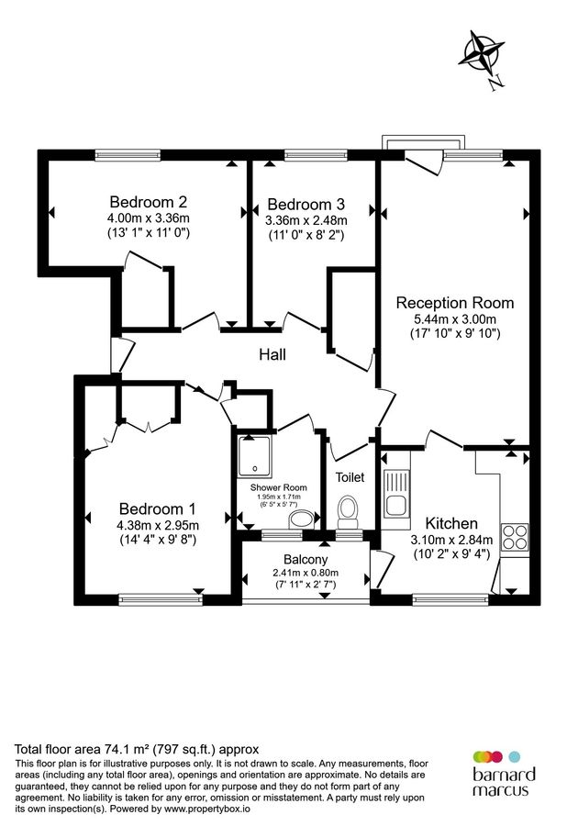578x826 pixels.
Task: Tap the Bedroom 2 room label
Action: coord(149,202)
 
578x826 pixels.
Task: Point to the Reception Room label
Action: coord(454,302)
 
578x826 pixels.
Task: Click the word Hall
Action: coord(273,354)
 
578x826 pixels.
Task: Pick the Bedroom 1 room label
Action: coord(157,508)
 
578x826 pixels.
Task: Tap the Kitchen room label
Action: coord(450,523)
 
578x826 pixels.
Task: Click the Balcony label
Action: coord(306,560)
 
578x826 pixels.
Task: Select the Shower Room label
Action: coord(278,487)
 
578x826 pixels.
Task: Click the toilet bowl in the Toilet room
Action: coord(347,508)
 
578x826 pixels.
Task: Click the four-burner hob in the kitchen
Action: coord(515,535)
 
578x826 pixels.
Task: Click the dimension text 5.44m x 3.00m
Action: coord(454,318)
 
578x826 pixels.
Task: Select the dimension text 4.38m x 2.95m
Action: coord(157,525)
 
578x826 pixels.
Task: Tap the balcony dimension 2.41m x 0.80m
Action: coord(306,573)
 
